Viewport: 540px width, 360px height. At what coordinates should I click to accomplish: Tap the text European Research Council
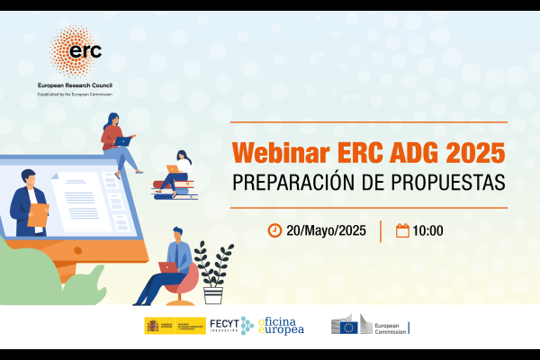[x=81, y=84]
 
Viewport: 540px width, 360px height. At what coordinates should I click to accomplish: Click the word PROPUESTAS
[x=445, y=180]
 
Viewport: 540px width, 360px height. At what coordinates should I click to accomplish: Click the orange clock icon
[x=274, y=230]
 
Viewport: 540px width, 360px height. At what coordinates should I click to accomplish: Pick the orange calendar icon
[x=402, y=230]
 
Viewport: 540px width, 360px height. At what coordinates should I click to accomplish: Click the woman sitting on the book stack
[x=177, y=171]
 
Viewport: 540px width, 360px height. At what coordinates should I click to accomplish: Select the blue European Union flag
[x=348, y=328]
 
